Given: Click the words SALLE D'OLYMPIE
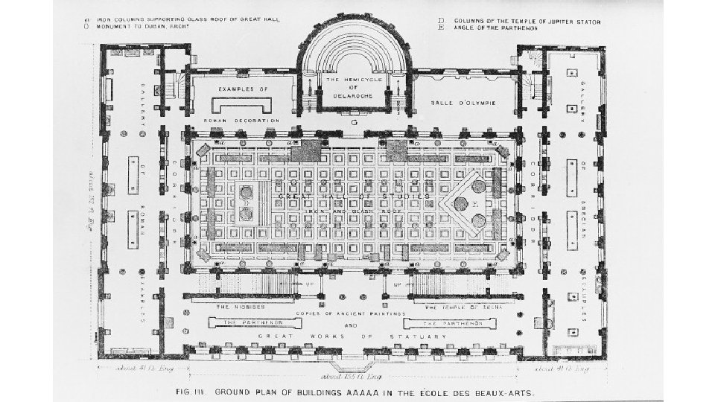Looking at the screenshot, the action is click(x=465, y=101).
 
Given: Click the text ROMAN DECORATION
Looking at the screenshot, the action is click(x=241, y=120).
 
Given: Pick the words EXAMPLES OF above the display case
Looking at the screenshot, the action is click(x=243, y=88).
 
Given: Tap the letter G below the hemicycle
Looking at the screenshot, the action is click(x=355, y=121).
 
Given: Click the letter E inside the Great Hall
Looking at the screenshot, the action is click(x=474, y=202).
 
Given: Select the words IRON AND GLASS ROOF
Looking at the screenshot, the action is click(x=344, y=211).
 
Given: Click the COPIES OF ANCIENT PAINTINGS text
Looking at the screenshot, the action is click(x=350, y=314).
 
